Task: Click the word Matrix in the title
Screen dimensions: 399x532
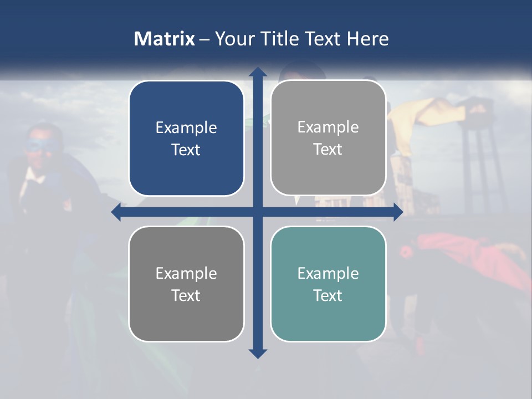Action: pos(164,39)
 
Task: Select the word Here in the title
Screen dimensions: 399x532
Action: pos(368,39)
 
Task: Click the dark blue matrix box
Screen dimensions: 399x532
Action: pos(186,139)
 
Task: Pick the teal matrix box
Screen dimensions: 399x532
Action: pos(328,284)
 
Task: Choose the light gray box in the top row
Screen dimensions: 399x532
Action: pos(328,138)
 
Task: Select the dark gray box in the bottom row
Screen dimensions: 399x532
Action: pos(186,284)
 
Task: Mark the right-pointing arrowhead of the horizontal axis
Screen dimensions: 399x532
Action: pos(398,212)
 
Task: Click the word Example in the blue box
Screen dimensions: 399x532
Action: pos(186,128)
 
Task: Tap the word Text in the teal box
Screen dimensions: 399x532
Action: pos(328,295)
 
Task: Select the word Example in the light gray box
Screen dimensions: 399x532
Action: pos(328,127)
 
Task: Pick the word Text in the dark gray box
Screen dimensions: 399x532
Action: pos(186,295)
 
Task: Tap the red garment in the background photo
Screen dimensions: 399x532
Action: pos(465,252)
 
